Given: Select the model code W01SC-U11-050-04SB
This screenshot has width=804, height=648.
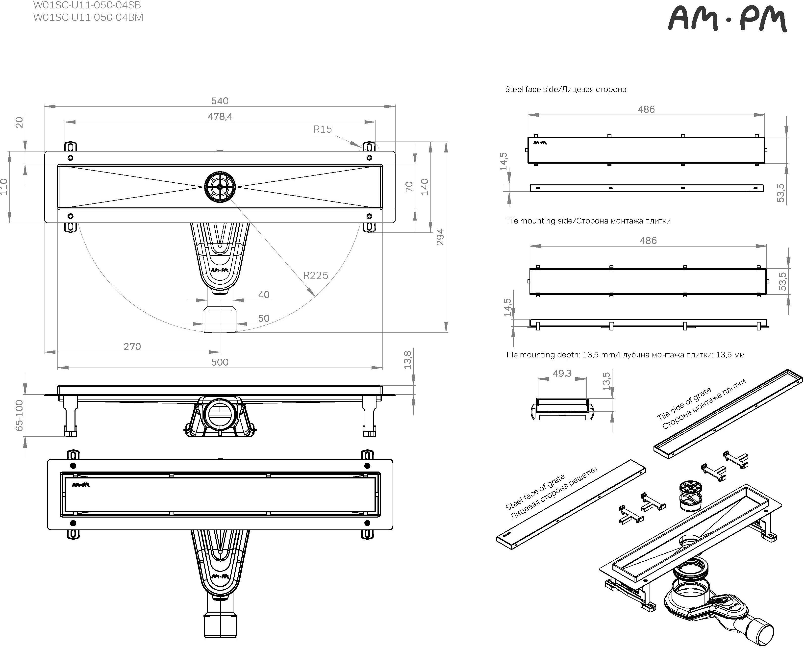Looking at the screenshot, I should [x=87, y=5].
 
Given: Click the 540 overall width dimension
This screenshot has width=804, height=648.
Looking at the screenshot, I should [x=220, y=101].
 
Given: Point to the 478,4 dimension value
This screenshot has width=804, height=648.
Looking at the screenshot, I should [x=220, y=117].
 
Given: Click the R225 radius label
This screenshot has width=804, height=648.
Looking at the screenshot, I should [x=315, y=275].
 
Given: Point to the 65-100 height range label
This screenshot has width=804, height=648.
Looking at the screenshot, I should [x=19, y=415].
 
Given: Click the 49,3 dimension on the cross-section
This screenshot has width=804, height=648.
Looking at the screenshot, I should [x=562, y=373].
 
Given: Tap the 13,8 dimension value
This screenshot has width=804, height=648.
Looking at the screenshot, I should [x=408, y=360].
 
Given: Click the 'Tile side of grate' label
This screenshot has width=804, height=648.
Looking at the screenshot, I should [x=684, y=403].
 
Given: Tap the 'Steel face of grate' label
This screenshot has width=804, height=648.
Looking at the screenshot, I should [x=535, y=492].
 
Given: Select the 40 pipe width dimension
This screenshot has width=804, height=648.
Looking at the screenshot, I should [x=264, y=295].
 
